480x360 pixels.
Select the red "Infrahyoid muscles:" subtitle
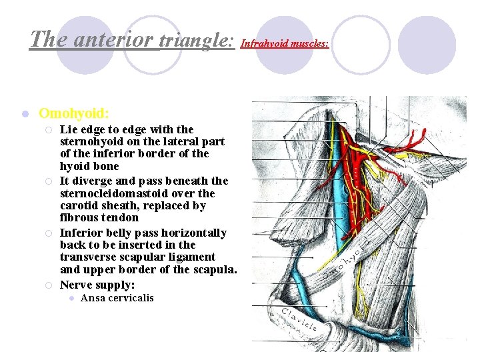point(285,44)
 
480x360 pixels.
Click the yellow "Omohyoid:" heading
point(74,114)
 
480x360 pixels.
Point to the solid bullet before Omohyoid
point(23,114)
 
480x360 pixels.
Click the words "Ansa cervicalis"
point(117,298)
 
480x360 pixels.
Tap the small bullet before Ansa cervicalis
point(72,298)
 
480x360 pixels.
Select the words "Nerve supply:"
point(97,285)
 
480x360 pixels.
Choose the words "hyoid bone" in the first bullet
point(89,166)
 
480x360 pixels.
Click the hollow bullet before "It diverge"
point(50,181)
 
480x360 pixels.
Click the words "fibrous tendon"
point(99,217)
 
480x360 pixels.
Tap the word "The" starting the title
point(45,39)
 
